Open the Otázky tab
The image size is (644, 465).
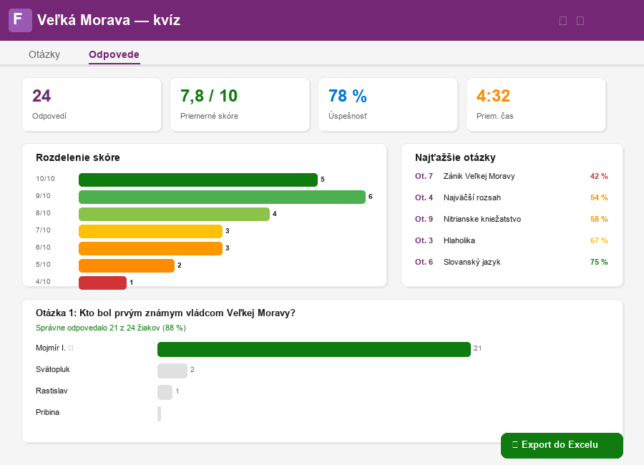pos(44,54)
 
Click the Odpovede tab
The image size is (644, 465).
pos(114,54)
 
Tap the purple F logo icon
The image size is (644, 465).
pos(20,20)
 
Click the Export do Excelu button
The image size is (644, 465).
pos(562,445)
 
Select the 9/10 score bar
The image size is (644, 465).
pos(222,197)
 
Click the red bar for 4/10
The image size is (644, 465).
pos(102,283)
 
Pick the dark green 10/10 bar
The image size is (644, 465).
pos(198,180)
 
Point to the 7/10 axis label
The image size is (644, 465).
pos(43,230)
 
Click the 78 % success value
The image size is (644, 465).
pos(347,96)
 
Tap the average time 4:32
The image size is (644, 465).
pos(493,96)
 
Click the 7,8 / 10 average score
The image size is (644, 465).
pos(209,96)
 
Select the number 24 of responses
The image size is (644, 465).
pos(42,96)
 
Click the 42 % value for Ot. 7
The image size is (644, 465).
pos(598,176)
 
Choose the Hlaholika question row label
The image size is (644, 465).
pos(459,240)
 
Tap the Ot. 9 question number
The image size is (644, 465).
pos(424,219)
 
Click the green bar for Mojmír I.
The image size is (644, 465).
pos(313,349)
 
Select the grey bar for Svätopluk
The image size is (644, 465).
pos(172,371)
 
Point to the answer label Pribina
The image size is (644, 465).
pos(47,413)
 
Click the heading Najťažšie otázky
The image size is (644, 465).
pos(455,157)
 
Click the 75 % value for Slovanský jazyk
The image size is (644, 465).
pos(598,262)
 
